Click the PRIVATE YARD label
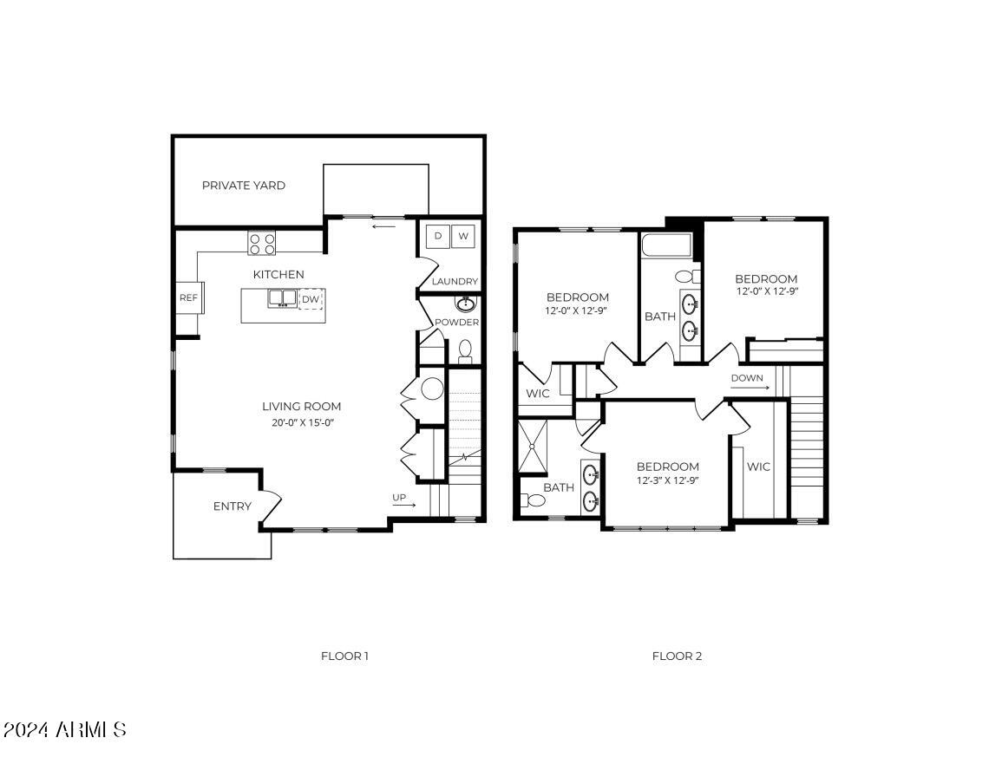(243, 186)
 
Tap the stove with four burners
(262, 243)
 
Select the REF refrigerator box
(188, 298)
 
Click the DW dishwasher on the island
(311, 299)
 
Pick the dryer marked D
(438, 236)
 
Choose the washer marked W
(463, 236)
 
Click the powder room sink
(466, 304)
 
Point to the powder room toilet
(465, 350)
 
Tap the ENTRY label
(232, 506)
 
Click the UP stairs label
(400, 498)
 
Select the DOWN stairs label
(747, 378)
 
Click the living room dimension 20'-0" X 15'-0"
(301, 423)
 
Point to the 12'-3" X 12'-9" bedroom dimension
(667, 480)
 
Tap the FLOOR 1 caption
(344, 656)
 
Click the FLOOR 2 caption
(677, 656)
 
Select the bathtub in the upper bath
(666, 245)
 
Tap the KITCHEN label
(278, 274)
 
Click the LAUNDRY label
(455, 281)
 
